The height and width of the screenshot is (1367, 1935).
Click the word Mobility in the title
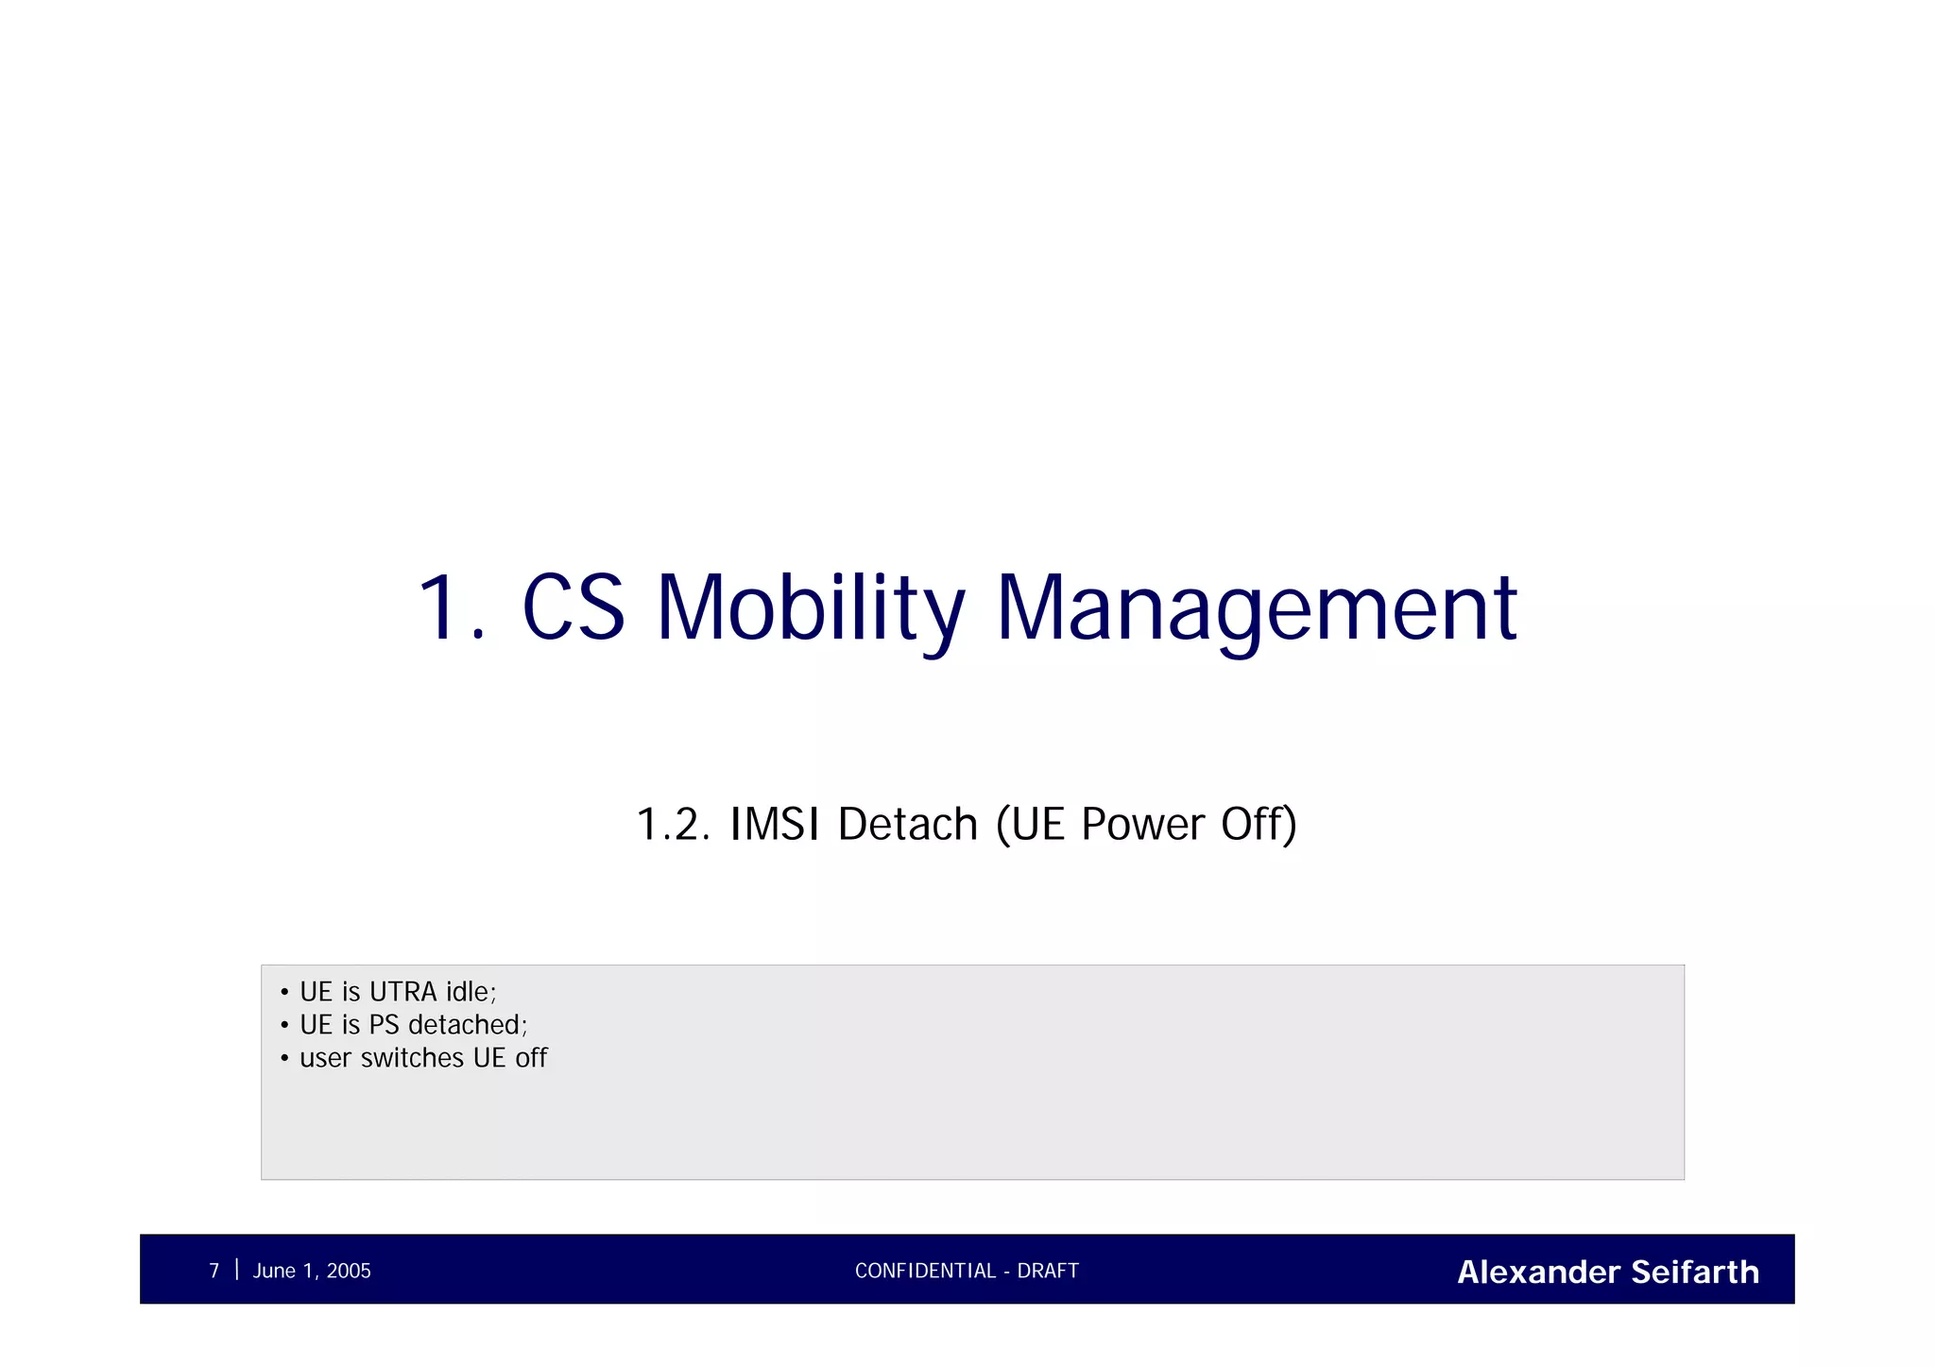pyautogui.click(x=811, y=609)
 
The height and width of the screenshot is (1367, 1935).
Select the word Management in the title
pyautogui.click(x=1257, y=609)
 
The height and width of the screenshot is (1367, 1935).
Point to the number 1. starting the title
pyautogui.click(x=451, y=609)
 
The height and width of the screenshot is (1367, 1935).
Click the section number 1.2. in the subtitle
pyautogui.click(x=673, y=824)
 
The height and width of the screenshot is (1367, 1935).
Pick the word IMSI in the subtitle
pyautogui.click(x=774, y=824)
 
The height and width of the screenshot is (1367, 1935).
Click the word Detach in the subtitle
pyautogui.click(x=907, y=824)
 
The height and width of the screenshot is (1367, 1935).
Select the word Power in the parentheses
pyautogui.click(x=1143, y=824)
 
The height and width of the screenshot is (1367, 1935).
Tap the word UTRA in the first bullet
pyautogui.click(x=403, y=992)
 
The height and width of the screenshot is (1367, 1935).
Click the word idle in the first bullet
pyautogui.click(x=469, y=992)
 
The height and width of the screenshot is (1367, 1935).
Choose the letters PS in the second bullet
pyautogui.click(x=385, y=1025)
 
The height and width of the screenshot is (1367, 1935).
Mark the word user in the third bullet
pyautogui.click(x=325, y=1058)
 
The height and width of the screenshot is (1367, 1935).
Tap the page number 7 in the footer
pyautogui.click(x=214, y=1271)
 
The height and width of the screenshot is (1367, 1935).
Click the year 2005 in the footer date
pyautogui.click(x=349, y=1271)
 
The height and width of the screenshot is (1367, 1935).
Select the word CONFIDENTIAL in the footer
pyautogui.click(x=925, y=1271)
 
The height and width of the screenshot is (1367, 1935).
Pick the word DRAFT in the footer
pyautogui.click(x=1048, y=1271)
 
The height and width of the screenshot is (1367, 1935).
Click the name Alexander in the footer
pyautogui.click(x=1539, y=1272)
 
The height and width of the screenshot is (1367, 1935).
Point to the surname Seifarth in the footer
pyautogui.click(x=1695, y=1272)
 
